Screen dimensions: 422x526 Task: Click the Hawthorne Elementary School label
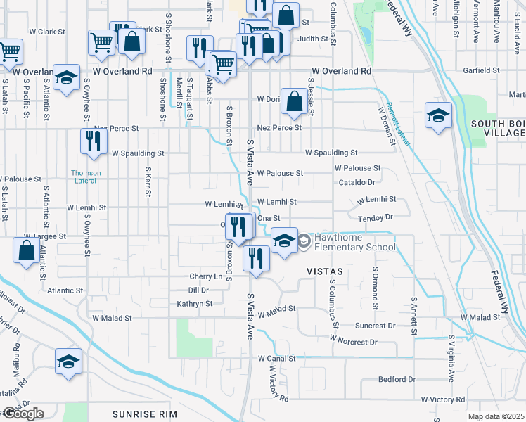coord(354,242)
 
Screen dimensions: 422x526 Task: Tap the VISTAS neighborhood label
coord(324,271)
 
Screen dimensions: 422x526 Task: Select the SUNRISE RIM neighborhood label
coord(145,414)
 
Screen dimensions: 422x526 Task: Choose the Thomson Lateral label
coord(85,177)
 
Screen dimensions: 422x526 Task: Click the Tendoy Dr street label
coord(375,217)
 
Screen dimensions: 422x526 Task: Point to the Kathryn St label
coord(195,304)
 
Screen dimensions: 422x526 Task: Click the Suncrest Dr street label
coord(376,326)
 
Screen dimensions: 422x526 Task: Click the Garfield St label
coord(481,70)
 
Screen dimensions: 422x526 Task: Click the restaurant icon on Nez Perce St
coord(93,141)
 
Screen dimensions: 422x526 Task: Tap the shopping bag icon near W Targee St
coord(26,251)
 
